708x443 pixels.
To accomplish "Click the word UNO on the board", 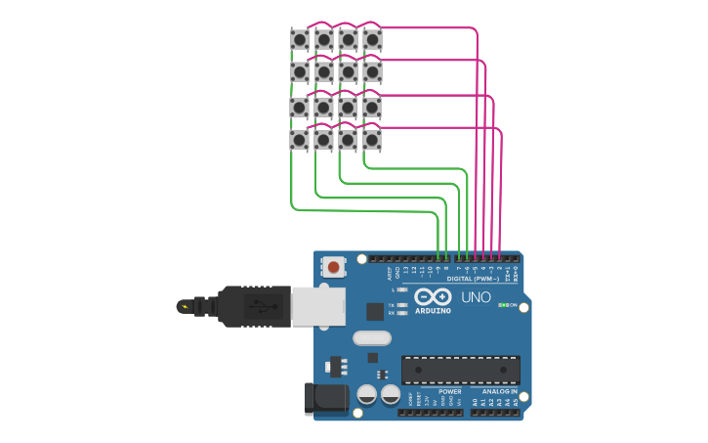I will [x=476, y=297].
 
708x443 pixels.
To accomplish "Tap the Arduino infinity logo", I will [x=432, y=297].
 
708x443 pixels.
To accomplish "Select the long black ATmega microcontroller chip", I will [x=460, y=370].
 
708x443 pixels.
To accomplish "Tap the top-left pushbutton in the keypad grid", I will [x=300, y=40].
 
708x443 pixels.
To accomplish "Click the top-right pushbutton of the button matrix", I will [x=372, y=40].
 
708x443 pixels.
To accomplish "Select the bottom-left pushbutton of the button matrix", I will [x=300, y=140].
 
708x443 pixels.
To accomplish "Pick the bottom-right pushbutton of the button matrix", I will [x=372, y=140].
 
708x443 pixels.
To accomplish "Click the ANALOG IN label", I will [x=499, y=391].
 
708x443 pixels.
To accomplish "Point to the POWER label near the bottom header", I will [x=449, y=391].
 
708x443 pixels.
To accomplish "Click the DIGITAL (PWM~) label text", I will [x=473, y=279].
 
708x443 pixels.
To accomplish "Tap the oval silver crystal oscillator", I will [x=371, y=338].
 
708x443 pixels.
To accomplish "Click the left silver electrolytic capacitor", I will [x=367, y=395].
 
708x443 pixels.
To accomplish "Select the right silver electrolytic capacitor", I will [x=390, y=395].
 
